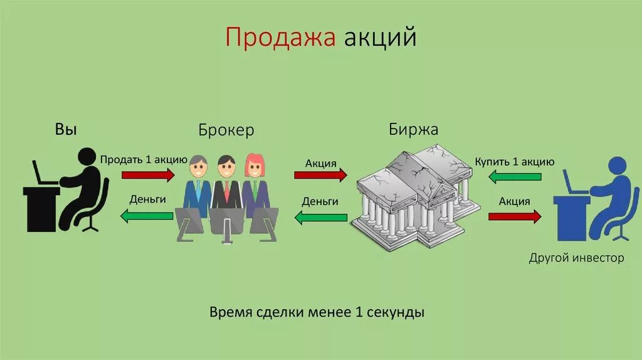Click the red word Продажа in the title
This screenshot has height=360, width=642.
coord(282,38)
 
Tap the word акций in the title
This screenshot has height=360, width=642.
coord(380,38)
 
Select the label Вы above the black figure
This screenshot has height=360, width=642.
coord(66,130)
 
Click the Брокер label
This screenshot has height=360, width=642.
coord(226,130)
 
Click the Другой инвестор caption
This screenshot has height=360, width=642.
coord(576,258)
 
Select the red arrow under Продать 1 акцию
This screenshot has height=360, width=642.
coord(149,175)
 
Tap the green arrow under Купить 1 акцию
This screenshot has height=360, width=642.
coord(514,177)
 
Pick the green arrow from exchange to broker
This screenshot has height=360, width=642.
coord(320,217)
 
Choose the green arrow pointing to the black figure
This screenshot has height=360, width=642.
coord(146,216)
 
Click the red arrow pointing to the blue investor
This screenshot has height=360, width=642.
coord(514,217)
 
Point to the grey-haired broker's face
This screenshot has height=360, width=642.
coord(198,167)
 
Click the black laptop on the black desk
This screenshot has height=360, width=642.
coord(43,173)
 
